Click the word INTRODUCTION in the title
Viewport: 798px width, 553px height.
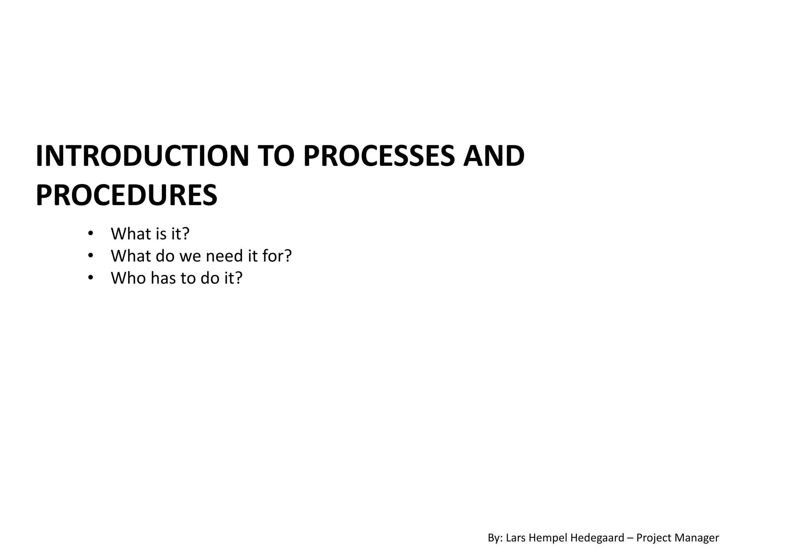click(142, 156)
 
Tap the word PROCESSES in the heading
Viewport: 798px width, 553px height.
click(379, 156)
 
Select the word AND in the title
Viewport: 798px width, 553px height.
click(494, 156)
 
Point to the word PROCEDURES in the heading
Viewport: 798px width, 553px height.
click(126, 195)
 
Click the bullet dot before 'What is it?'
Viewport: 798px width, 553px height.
click(90, 234)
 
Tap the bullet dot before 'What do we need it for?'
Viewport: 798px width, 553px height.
click(90, 256)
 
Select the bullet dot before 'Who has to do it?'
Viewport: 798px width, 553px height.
click(90, 278)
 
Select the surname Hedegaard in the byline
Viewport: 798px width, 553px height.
click(597, 538)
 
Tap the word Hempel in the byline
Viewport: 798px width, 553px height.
click(547, 538)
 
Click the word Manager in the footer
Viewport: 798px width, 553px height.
click(698, 538)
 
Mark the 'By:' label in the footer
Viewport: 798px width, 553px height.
click(495, 538)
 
